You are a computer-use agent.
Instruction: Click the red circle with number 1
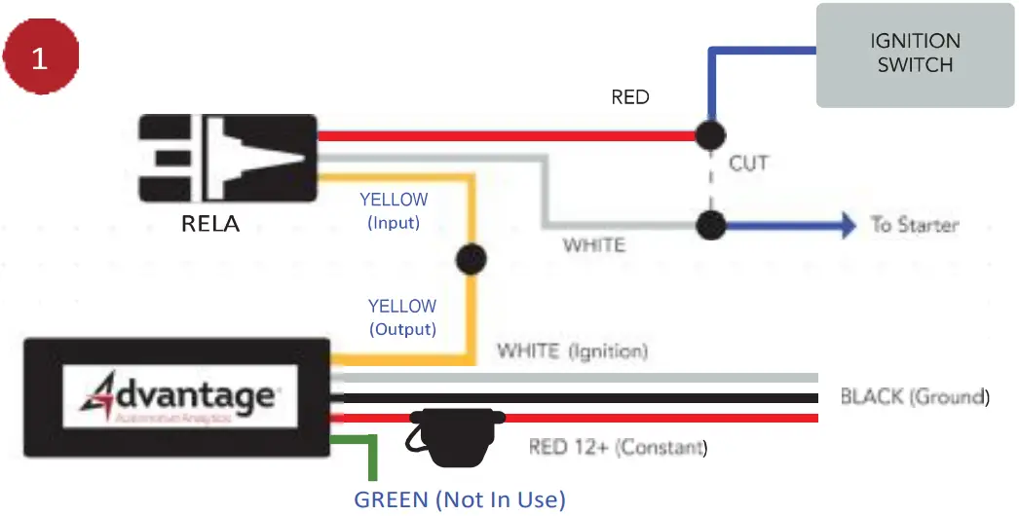click(x=40, y=58)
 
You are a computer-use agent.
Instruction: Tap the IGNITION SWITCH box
click(x=915, y=55)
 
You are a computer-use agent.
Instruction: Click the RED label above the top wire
click(x=629, y=97)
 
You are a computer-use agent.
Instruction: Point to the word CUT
click(x=748, y=163)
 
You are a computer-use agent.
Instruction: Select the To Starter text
click(x=914, y=225)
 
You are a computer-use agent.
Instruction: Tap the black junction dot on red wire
click(x=710, y=135)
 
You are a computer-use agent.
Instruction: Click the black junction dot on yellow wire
click(x=472, y=260)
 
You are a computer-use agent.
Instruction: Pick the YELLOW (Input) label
click(x=394, y=210)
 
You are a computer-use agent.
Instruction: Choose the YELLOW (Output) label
click(x=401, y=317)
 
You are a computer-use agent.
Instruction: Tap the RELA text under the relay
click(x=210, y=225)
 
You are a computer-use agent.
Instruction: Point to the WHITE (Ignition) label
click(x=572, y=350)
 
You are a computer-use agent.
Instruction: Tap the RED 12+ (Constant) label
click(x=618, y=448)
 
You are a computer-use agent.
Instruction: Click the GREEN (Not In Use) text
click(x=460, y=499)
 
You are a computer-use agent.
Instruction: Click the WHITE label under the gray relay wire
click(x=594, y=245)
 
